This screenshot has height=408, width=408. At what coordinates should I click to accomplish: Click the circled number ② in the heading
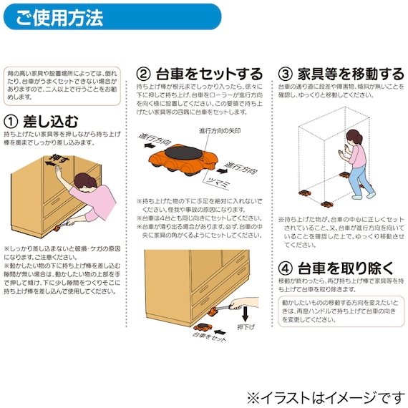click(x=144, y=74)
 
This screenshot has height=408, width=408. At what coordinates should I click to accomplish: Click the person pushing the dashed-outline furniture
click(x=354, y=161)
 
